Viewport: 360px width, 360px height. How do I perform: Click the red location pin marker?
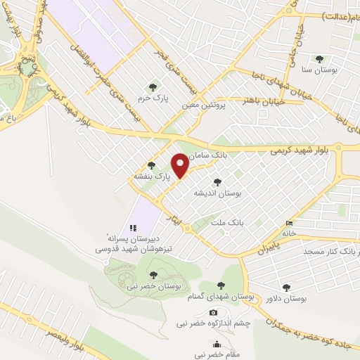pyautogui.click(x=181, y=165)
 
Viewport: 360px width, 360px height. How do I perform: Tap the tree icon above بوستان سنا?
pyautogui.click(x=321, y=59)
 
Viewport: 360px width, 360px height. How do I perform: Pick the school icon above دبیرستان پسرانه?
pyautogui.click(x=131, y=227)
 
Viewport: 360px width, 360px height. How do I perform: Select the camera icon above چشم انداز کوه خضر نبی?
pyautogui.click(x=213, y=312)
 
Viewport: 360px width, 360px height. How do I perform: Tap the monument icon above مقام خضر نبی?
pyautogui.click(x=217, y=345)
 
